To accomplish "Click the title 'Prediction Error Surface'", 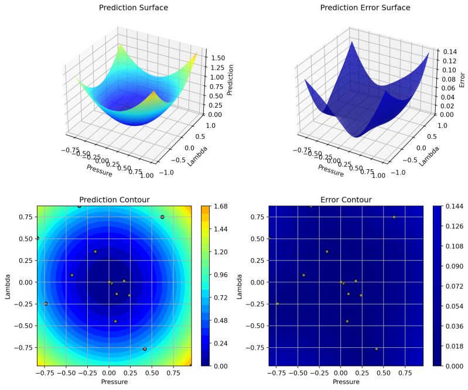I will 365,8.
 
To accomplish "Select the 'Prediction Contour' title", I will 114,200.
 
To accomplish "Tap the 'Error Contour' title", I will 346,200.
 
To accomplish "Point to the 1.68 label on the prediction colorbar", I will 220,206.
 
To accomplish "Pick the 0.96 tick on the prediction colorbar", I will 220,275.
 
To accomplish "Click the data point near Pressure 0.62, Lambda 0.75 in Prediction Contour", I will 162,217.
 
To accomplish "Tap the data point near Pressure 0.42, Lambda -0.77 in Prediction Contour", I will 145,348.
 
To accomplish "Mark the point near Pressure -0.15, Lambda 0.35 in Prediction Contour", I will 95,252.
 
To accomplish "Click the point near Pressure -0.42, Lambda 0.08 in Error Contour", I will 303,275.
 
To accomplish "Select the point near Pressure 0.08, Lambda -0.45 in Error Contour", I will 347,321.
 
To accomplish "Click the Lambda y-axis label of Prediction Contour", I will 8,286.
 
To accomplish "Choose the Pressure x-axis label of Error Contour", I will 346,381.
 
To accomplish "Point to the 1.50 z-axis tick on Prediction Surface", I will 218,58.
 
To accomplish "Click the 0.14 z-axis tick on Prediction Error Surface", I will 449,52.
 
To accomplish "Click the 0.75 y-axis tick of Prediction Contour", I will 23,217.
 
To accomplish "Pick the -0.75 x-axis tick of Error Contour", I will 276,372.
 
